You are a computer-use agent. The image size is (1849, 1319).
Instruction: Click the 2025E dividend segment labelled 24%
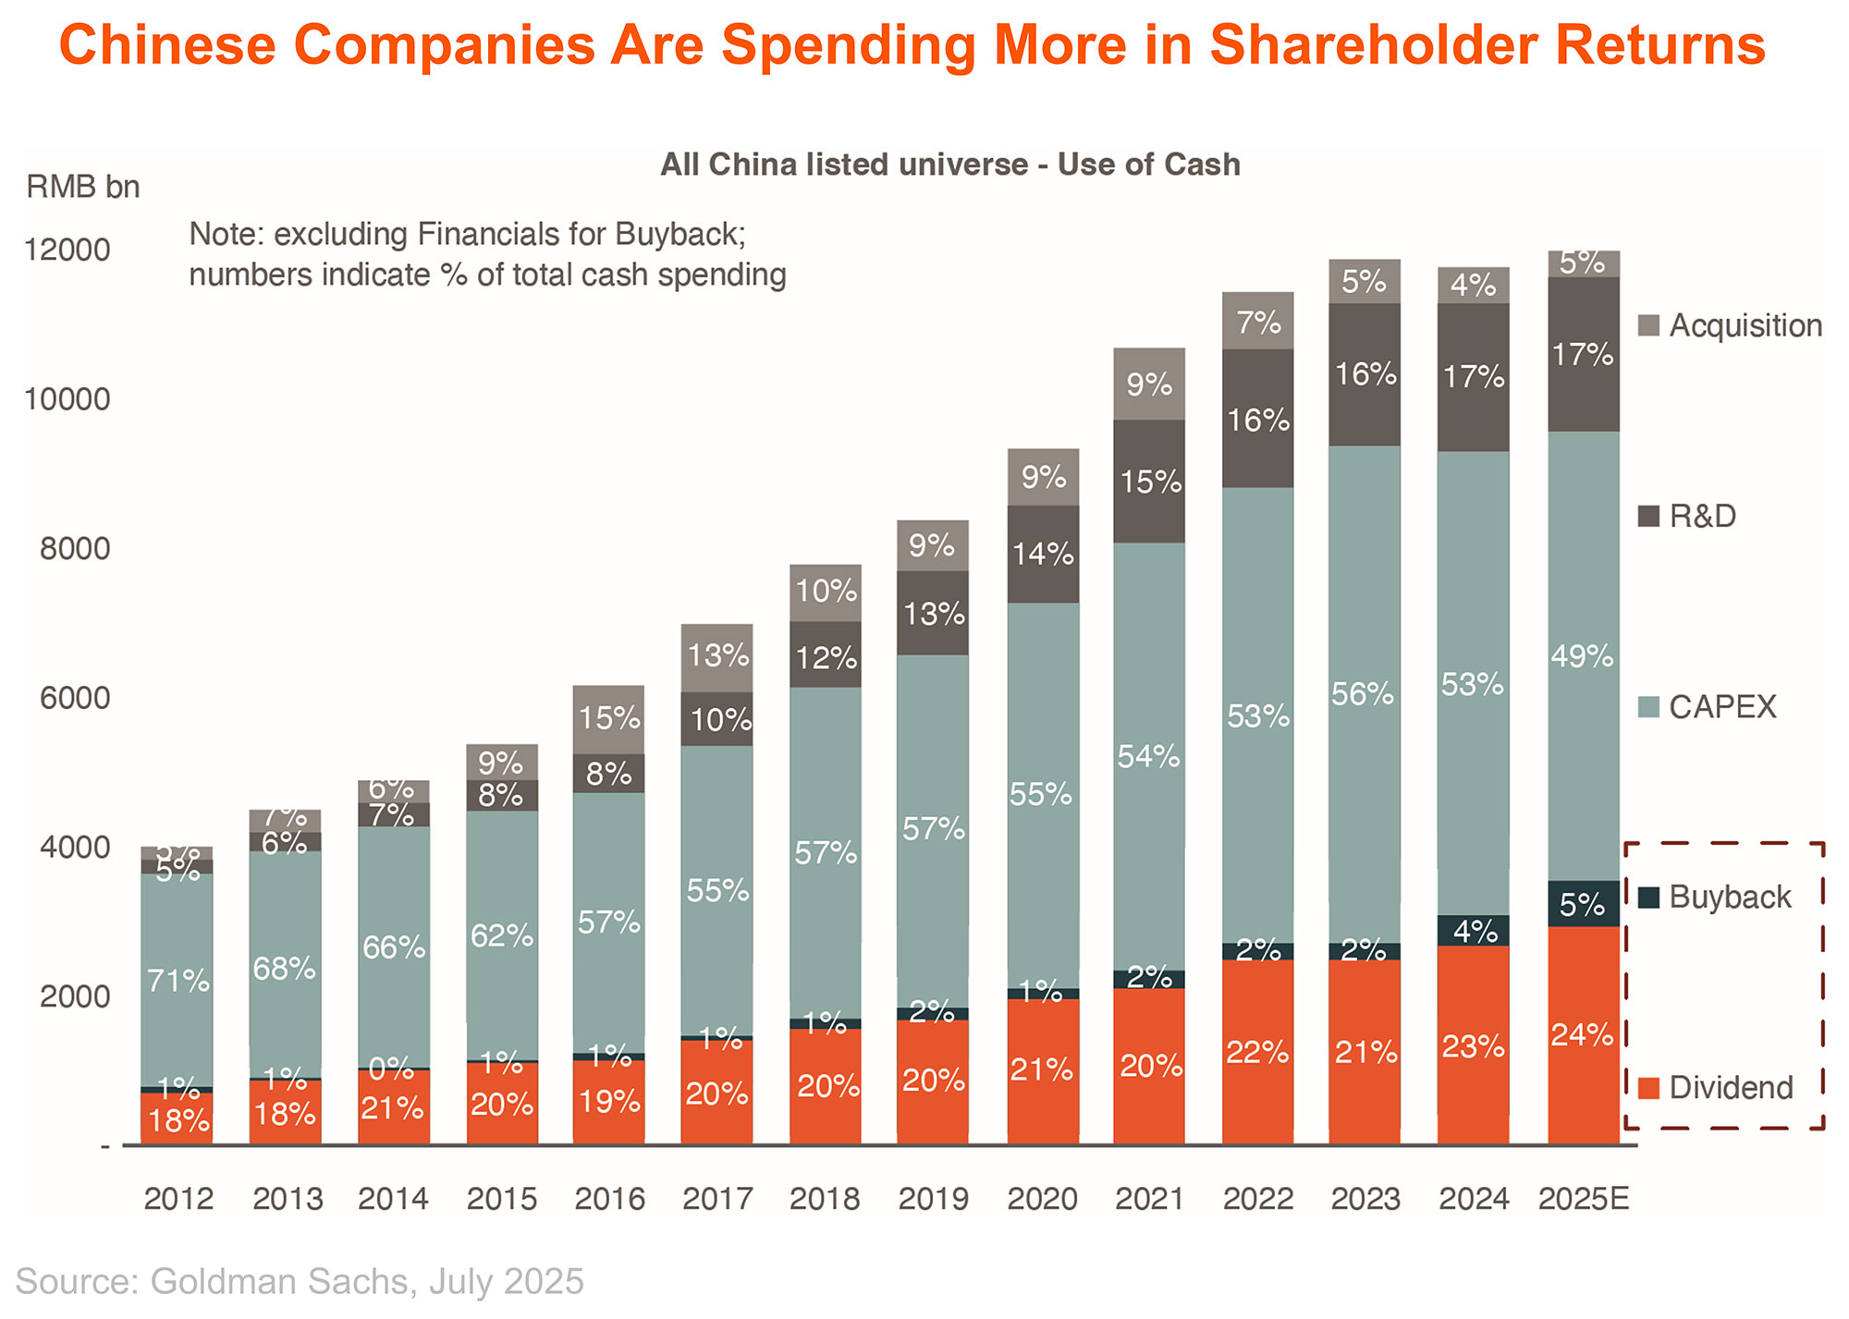click(1583, 1035)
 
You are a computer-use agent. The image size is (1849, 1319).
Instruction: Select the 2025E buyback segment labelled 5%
click(1583, 904)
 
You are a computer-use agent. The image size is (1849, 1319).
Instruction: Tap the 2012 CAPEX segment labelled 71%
click(177, 980)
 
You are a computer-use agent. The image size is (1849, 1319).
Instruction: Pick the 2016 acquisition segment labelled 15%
click(608, 719)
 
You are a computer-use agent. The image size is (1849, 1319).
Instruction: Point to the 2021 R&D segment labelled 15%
click(1149, 482)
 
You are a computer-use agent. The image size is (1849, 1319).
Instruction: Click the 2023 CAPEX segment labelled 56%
click(1365, 693)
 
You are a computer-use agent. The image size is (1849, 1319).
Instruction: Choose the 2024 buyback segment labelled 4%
click(1474, 931)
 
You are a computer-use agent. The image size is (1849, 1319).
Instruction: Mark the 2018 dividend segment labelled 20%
click(826, 1086)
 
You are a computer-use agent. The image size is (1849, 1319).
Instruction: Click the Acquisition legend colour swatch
click(1648, 325)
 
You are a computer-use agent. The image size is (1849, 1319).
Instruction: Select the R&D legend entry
click(1701, 516)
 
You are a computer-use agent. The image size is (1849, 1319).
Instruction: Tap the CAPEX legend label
click(1722, 707)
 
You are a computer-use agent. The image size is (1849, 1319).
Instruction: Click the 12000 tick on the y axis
click(67, 250)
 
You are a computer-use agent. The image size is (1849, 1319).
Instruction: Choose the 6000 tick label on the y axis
click(74, 698)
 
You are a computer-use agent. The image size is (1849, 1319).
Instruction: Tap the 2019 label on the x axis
click(934, 1199)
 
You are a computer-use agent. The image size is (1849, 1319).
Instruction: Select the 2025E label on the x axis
click(1583, 1199)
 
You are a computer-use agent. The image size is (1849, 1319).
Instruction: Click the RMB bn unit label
click(83, 187)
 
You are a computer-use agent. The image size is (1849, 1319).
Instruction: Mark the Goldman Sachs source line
click(300, 1282)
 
